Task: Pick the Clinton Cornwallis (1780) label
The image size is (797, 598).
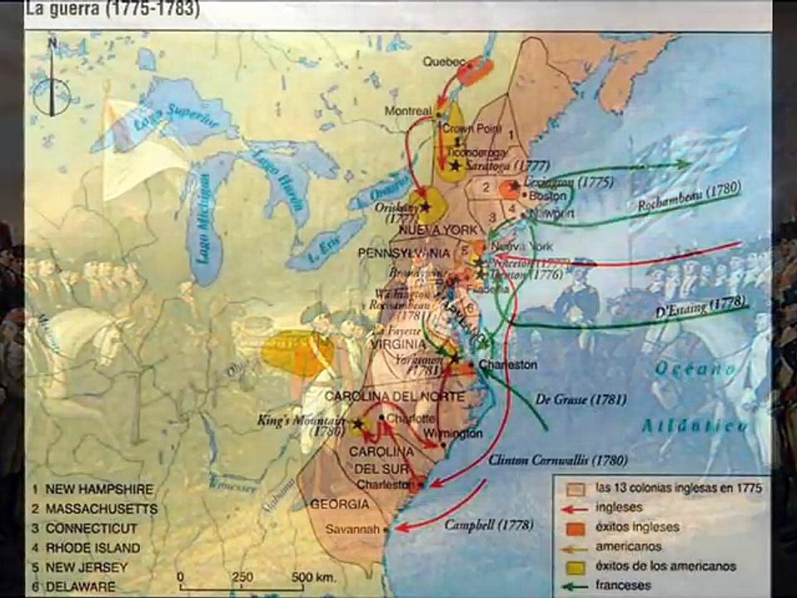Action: [558, 459]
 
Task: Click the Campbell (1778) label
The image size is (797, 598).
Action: [488, 525]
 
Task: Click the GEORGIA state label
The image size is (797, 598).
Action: [340, 503]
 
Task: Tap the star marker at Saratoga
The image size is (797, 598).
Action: [455, 167]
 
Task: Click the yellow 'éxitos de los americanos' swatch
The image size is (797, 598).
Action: [571, 566]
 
